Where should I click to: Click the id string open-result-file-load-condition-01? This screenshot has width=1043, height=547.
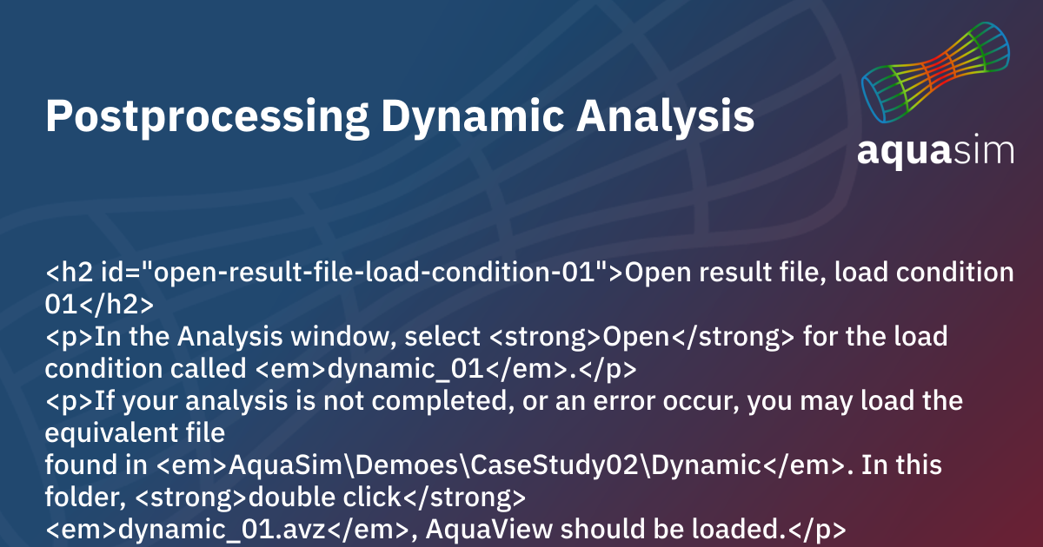(377, 273)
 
